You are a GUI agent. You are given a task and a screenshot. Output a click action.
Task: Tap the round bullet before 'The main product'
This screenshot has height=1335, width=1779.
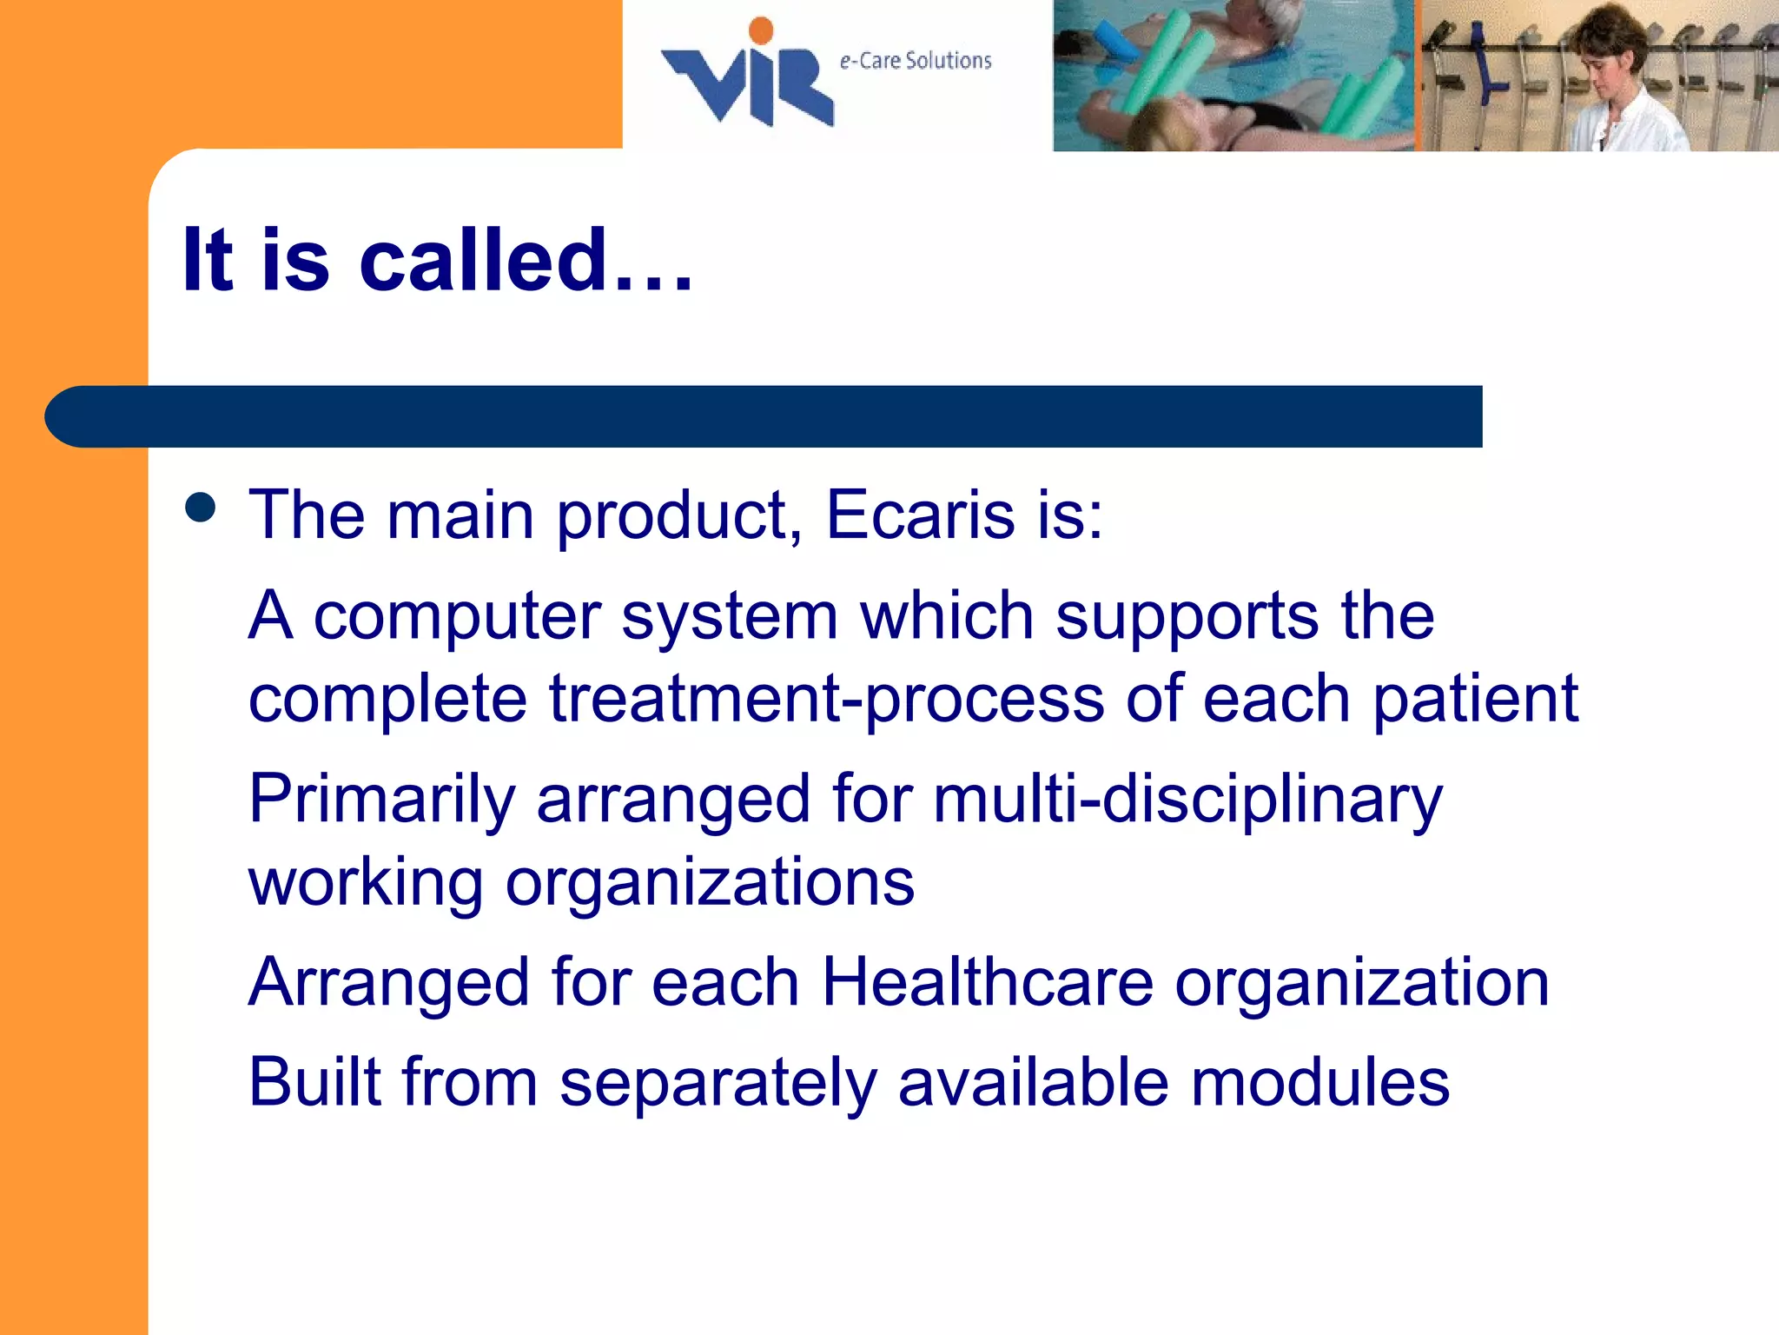coord(201,508)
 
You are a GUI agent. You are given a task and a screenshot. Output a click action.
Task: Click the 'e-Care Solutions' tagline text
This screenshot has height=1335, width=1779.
coord(915,61)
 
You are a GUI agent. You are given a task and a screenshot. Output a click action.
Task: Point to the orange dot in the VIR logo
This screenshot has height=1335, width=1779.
coord(761,30)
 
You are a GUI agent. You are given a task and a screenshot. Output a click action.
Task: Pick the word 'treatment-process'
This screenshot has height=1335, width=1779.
coord(826,700)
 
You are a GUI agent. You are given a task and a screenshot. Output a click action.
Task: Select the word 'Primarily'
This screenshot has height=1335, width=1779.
coord(382,800)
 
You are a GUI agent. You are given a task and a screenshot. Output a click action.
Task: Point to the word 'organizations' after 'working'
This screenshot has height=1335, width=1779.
coord(710,882)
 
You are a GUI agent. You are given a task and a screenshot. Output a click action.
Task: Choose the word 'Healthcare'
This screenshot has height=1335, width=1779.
coord(987,982)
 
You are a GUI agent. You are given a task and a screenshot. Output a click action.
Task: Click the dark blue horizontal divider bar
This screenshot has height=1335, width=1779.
coord(764,416)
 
